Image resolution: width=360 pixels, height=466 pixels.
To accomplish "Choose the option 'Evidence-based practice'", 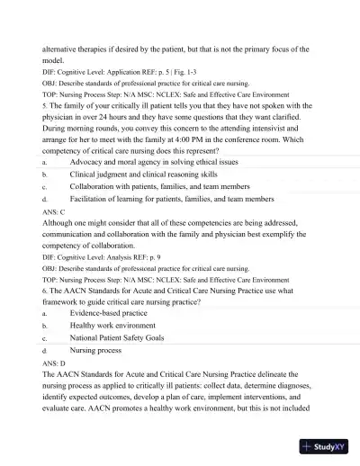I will (113, 312).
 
